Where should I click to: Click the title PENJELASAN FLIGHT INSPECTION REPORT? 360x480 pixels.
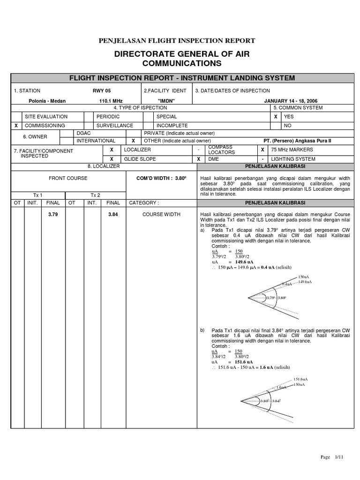coord(177,41)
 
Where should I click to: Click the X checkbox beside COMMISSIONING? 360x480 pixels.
coord(16,126)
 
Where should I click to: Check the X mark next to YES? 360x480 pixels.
coord(275,116)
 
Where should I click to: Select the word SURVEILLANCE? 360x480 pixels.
coord(114,126)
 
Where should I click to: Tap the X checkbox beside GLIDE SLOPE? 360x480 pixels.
coord(112,159)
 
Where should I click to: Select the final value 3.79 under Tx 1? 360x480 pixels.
coord(52,214)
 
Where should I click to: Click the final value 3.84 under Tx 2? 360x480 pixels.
coord(113,214)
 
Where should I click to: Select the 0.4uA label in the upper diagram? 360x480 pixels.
coord(287,284)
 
